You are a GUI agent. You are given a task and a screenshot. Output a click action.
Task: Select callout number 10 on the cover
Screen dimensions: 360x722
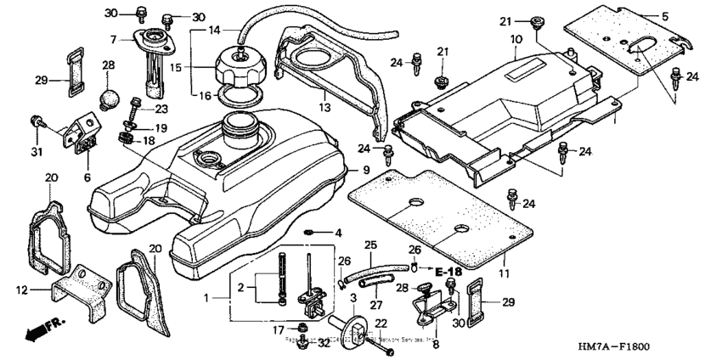(516, 40)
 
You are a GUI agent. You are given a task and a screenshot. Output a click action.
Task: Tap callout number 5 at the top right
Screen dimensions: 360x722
(690, 16)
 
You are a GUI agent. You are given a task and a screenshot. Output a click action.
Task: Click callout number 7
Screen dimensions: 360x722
(112, 39)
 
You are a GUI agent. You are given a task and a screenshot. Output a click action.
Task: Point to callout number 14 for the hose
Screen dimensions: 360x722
(214, 29)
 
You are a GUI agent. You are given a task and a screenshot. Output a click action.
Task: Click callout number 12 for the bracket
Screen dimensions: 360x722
(22, 290)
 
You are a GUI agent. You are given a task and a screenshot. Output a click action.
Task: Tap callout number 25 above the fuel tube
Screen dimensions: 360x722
(369, 245)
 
